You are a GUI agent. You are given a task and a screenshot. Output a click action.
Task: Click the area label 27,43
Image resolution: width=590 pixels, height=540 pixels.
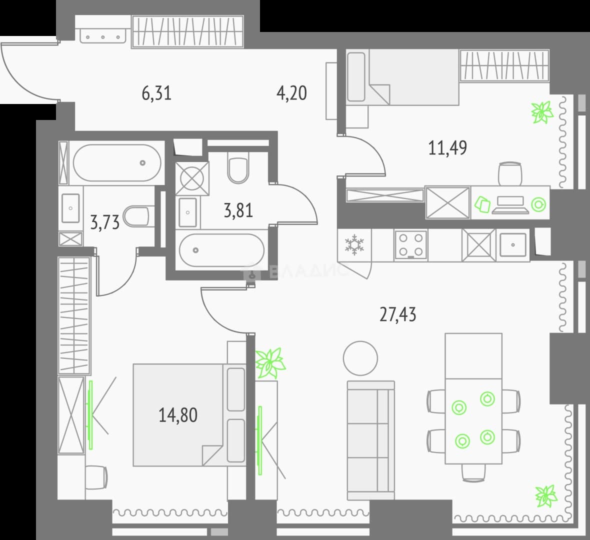(x=397, y=314)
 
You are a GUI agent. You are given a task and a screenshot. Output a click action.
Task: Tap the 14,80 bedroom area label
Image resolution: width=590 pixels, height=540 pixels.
(x=178, y=415)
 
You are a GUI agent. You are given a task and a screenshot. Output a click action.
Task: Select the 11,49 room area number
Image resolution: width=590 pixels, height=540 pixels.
(x=448, y=147)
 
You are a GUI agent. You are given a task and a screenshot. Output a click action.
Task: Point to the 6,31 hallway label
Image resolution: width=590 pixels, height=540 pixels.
(x=156, y=93)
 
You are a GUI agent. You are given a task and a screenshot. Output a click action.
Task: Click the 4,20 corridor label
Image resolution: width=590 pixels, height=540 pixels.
(x=291, y=93)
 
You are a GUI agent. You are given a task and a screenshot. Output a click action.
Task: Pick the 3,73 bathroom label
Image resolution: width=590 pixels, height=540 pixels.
(x=105, y=222)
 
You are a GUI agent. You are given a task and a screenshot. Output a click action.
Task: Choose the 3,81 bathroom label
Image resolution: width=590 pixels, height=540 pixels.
(x=238, y=210)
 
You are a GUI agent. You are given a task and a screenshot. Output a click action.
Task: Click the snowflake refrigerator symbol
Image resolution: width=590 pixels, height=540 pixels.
(x=354, y=244)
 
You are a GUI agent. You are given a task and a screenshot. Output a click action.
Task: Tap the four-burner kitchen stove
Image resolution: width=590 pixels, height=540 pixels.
(x=410, y=244)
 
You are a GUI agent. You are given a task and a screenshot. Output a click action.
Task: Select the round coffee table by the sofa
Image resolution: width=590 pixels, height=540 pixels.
(x=360, y=358)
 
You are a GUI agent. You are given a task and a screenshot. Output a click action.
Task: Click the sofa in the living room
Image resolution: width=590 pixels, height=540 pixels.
(x=370, y=440)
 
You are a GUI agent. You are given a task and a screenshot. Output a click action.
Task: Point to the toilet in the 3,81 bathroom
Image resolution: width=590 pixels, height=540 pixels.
(x=238, y=168)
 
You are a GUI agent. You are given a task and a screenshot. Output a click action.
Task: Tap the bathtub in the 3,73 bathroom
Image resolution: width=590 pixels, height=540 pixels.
(x=117, y=163)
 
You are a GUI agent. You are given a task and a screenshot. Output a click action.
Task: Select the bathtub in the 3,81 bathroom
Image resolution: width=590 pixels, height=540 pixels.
(x=221, y=250)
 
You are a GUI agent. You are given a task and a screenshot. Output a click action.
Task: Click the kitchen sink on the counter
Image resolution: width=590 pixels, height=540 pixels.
(x=513, y=244)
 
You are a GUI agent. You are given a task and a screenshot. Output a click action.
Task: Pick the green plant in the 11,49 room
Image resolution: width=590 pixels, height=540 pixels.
(x=542, y=112)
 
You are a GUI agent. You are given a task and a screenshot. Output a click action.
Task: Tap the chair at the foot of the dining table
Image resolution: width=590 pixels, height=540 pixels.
(x=473, y=472)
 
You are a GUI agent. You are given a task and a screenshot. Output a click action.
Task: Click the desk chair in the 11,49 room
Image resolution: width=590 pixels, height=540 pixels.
(x=510, y=173)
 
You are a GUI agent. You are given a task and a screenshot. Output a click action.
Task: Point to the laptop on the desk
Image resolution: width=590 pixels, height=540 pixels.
(x=510, y=204)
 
